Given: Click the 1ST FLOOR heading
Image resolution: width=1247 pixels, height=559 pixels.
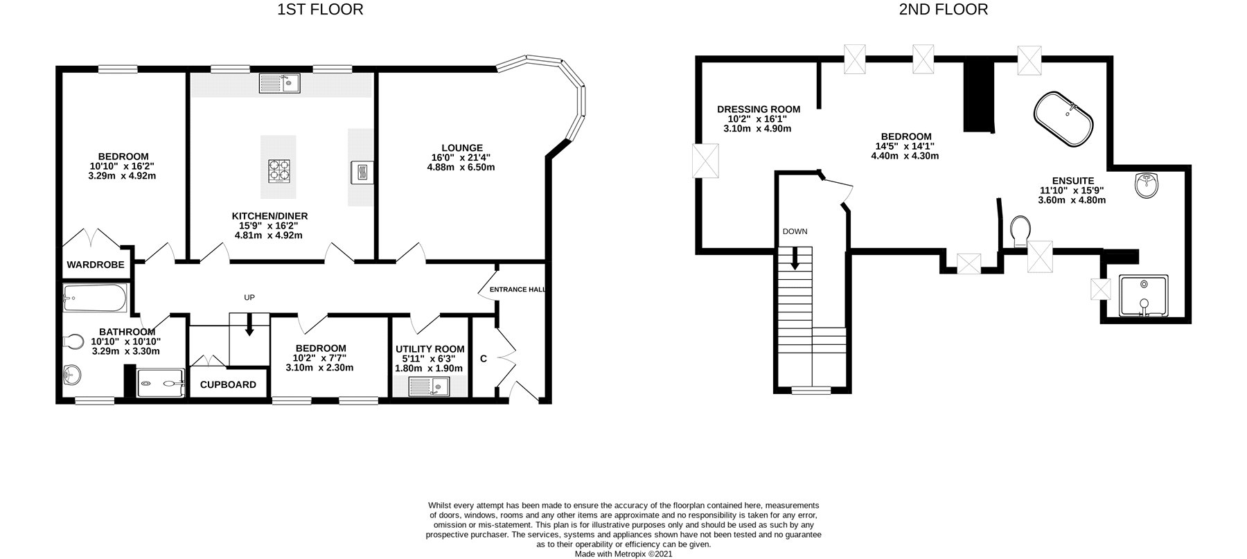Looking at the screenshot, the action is [x=320, y=10].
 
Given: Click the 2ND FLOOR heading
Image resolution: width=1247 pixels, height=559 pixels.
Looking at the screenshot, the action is [x=944, y=10].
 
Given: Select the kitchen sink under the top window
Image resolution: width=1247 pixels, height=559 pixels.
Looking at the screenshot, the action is [x=279, y=84].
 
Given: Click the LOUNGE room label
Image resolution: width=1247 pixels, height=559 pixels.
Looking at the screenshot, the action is [x=462, y=148].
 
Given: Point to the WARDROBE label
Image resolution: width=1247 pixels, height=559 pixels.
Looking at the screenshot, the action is [x=96, y=265].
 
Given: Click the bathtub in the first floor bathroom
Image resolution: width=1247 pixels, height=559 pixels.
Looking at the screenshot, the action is [x=95, y=299].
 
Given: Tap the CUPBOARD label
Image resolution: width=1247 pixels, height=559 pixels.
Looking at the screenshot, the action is [x=228, y=384].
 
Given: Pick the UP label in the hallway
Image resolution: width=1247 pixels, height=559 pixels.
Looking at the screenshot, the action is [x=249, y=298].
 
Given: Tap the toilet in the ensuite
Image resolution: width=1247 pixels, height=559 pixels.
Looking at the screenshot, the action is [x=1019, y=231].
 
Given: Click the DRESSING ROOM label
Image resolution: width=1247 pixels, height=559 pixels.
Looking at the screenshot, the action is [x=759, y=109].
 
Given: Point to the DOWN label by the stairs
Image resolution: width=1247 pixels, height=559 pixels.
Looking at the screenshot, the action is [x=795, y=231].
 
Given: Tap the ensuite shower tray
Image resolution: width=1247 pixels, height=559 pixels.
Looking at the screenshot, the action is [x=1144, y=296].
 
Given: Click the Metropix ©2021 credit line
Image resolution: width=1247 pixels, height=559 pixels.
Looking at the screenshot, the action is [x=623, y=554].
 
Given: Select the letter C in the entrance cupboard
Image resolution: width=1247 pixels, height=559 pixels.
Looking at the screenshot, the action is [x=484, y=359].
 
